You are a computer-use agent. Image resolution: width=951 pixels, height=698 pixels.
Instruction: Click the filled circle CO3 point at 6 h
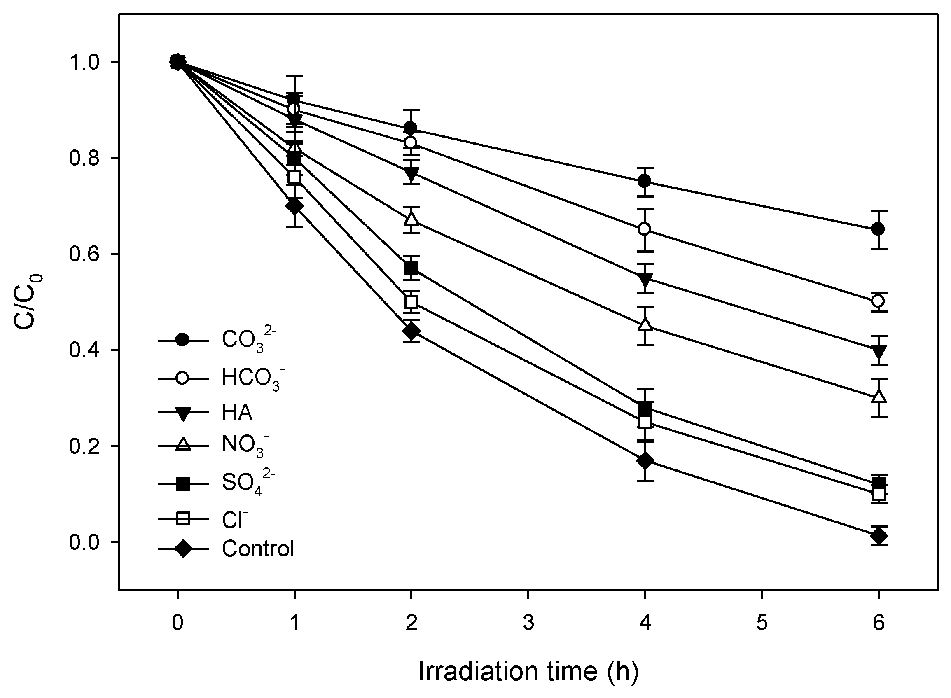[878, 229]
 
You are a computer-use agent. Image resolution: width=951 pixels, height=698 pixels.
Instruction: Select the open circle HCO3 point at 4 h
[644, 229]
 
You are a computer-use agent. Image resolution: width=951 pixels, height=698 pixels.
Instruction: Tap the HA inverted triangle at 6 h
[878, 350]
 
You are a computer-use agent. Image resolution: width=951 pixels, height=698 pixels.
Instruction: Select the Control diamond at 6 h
[878, 536]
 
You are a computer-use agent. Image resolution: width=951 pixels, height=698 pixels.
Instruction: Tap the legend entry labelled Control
[258, 549]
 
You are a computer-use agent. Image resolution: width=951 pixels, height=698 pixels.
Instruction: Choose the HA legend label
[237, 412]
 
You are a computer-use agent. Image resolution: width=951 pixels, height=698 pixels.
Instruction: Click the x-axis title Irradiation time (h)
[528, 672]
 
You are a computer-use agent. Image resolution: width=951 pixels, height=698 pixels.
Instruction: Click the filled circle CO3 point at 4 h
[644, 181]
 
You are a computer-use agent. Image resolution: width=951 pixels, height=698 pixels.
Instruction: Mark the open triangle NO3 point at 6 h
[878, 397]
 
